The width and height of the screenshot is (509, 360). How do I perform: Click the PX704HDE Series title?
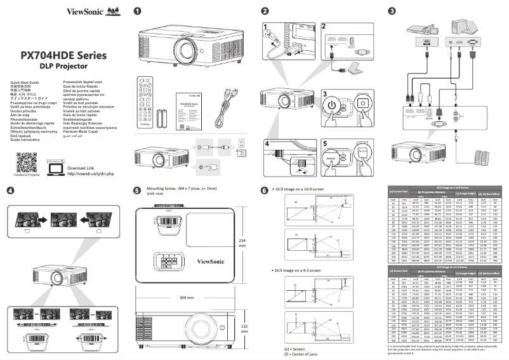(x=63, y=55)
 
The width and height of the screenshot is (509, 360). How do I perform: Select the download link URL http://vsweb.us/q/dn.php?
(x=90, y=156)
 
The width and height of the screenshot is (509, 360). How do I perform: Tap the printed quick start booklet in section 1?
(x=190, y=106)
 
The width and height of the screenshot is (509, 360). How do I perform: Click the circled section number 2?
(x=265, y=11)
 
